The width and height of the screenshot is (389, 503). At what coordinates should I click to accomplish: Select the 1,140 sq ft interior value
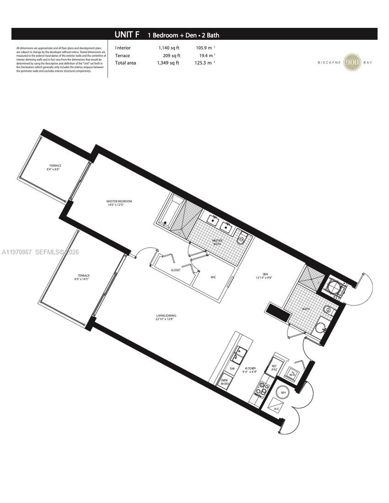click(x=169, y=48)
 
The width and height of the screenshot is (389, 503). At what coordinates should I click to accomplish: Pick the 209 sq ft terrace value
click(x=171, y=55)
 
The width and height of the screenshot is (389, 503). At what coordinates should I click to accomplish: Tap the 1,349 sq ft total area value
click(x=168, y=63)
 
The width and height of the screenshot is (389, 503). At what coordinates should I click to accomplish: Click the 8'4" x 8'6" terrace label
click(x=55, y=167)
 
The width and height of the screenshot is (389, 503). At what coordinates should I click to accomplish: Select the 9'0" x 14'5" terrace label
click(x=83, y=277)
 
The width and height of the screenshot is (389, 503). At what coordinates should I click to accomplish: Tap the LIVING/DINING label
click(x=165, y=317)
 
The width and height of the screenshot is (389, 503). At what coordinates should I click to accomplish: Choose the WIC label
click(x=213, y=277)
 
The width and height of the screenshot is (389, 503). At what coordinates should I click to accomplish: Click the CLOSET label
click(x=176, y=270)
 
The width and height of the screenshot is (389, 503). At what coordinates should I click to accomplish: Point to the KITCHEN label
click(x=249, y=369)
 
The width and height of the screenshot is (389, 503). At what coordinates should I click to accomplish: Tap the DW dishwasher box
click(x=232, y=369)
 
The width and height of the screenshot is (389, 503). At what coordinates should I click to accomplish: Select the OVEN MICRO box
click(x=225, y=382)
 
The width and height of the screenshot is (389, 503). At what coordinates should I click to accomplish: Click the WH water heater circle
click(x=283, y=392)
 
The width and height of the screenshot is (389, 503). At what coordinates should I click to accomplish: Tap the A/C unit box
click(x=276, y=406)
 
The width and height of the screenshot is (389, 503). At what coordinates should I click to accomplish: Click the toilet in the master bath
click(x=242, y=239)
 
